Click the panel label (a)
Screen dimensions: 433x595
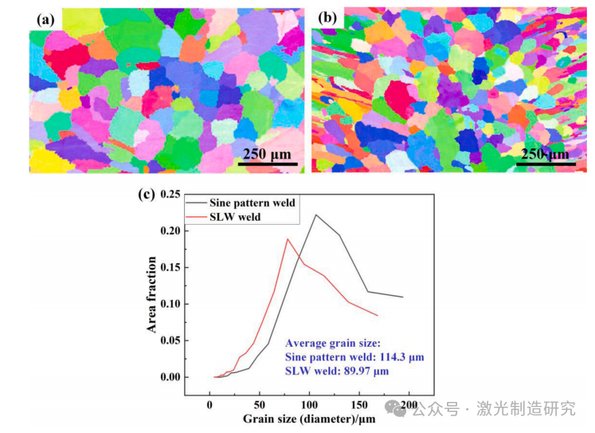41,18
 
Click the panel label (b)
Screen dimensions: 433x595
327,18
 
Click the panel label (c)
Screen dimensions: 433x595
147,194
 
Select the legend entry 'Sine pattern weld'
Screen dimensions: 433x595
253,203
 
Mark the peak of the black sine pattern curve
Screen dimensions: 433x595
316,215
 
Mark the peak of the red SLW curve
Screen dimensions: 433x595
288,238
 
